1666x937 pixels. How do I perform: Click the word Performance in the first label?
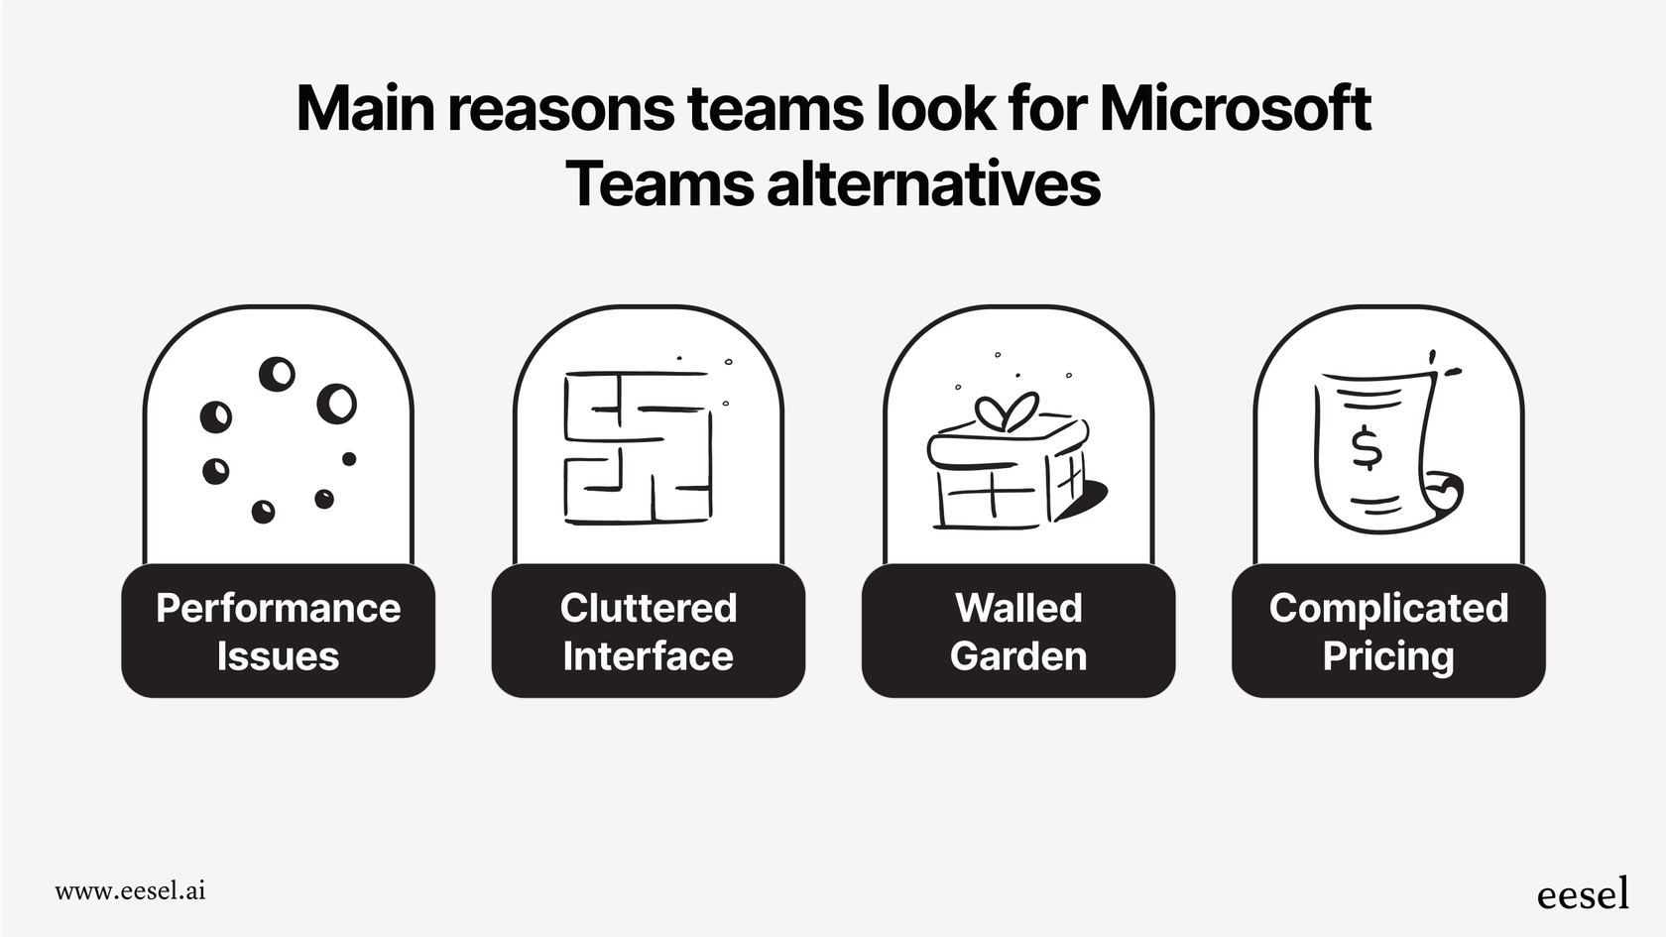(x=278, y=608)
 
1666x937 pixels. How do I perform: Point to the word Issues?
(x=278, y=656)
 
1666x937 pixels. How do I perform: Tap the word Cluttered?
(x=649, y=608)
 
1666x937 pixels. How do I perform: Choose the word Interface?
(x=649, y=656)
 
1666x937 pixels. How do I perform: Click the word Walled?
(x=1018, y=608)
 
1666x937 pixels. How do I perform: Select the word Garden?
(x=1018, y=656)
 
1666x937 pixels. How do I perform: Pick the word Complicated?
(x=1388, y=608)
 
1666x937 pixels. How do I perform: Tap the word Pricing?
(x=1388, y=656)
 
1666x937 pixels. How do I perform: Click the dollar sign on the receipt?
(x=1367, y=447)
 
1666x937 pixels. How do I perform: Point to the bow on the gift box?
(x=1007, y=411)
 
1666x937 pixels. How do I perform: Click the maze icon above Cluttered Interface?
(x=639, y=447)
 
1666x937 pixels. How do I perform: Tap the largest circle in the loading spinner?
(x=336, y=404)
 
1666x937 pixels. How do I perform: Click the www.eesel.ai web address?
(x=130, y=890)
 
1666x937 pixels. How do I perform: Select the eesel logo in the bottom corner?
(x=1583, y=893)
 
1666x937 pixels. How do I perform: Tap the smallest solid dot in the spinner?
(x=349, y=459)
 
